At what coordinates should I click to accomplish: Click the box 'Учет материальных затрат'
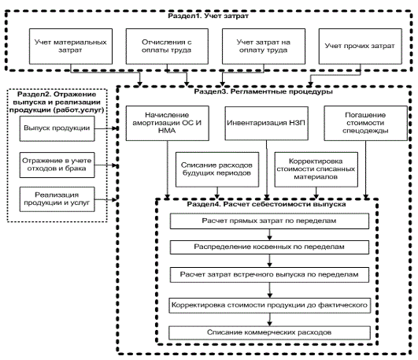(x=71, y=46)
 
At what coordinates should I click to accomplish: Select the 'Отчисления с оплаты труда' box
(x=167, y=46)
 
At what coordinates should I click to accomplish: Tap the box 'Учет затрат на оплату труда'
(x=264, y=46)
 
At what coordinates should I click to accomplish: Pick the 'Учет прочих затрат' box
(x=361, y=46)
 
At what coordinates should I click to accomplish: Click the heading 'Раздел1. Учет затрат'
(x=208, y=16)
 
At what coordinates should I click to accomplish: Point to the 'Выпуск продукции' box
(x=57, y=128)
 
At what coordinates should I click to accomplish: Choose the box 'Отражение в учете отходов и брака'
(x=57, y=165)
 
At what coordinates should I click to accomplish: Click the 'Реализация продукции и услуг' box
(x=57, y=199)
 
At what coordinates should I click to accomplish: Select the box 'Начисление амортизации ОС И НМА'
(x=168, y=124)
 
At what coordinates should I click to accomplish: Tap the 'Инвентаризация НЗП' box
(x=267, y=124)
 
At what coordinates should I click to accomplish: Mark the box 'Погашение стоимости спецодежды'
(x=365, y=124)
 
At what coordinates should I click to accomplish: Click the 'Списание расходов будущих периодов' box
(x=217, y=169)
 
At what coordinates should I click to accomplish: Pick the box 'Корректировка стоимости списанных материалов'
(x=316, y=169)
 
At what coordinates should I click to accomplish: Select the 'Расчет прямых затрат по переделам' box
(x=269, y=221)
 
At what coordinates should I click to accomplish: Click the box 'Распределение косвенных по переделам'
(x=269, y=247)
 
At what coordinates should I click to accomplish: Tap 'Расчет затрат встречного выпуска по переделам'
(x=269, y=275)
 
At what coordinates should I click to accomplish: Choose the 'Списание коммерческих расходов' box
(x=269, y=332)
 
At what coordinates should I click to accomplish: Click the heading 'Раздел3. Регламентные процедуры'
(x=263, y=92)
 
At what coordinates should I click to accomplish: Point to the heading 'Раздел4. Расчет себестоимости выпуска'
(x=266, y=204)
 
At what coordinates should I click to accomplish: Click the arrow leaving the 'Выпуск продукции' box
(x=106, y=128)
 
